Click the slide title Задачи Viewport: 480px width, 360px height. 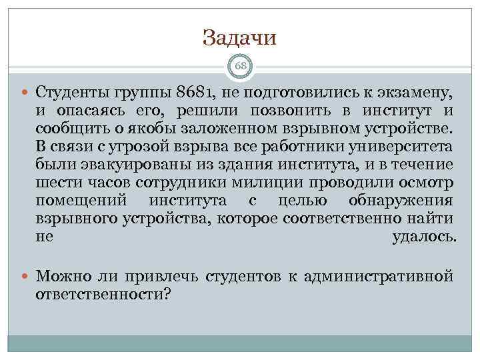[239, 38]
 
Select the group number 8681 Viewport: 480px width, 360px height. [197, 91]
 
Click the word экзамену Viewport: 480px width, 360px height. [411, 91]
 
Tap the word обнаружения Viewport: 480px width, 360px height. [401, 200]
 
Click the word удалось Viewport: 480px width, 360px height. [422, 237]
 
